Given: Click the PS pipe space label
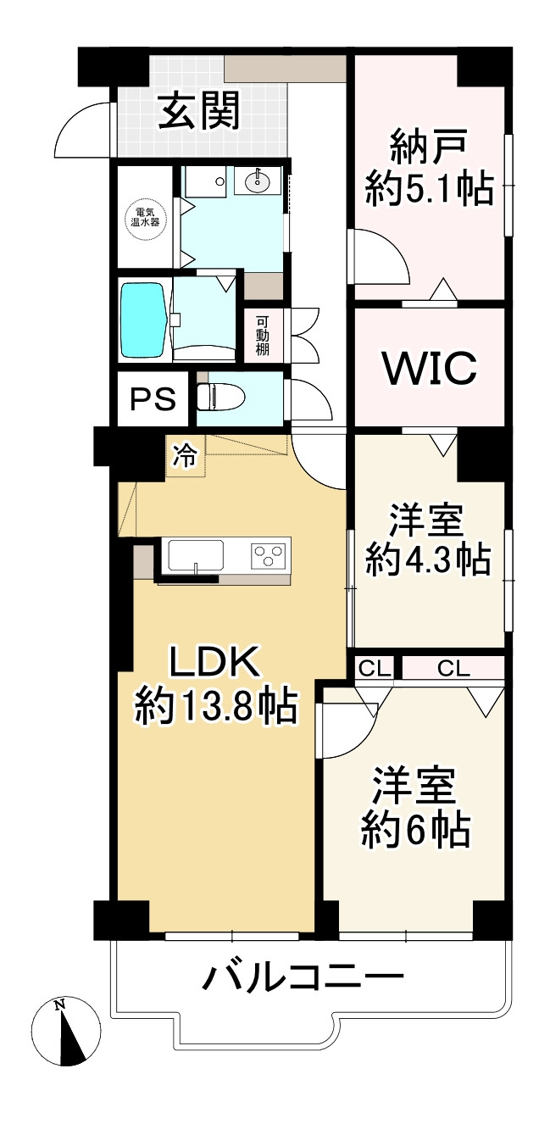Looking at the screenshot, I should pos(153,398).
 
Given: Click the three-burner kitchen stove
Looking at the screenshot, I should pos(269,556).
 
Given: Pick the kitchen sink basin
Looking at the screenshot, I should pos(196,556).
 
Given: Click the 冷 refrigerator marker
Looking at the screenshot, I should pos(184,457).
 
